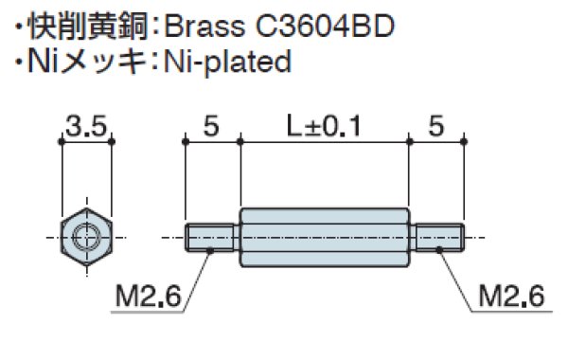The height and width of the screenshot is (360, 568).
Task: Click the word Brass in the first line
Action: tap(208, 24)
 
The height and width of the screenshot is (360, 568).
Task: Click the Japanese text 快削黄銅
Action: tap(86, 24)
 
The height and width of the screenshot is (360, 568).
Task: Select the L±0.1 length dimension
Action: tap(325, 124)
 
